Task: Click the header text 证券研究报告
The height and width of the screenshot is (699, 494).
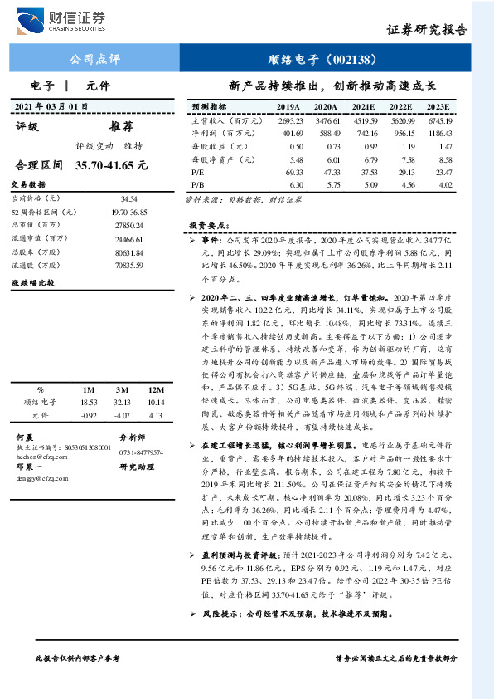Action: click(x=427, y=29)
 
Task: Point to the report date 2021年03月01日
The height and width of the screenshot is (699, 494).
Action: click(x=51, y=106)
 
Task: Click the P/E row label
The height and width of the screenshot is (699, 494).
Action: click(x=197, y=172)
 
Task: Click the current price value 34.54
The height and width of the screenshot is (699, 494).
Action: click(x=128, y=200)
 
